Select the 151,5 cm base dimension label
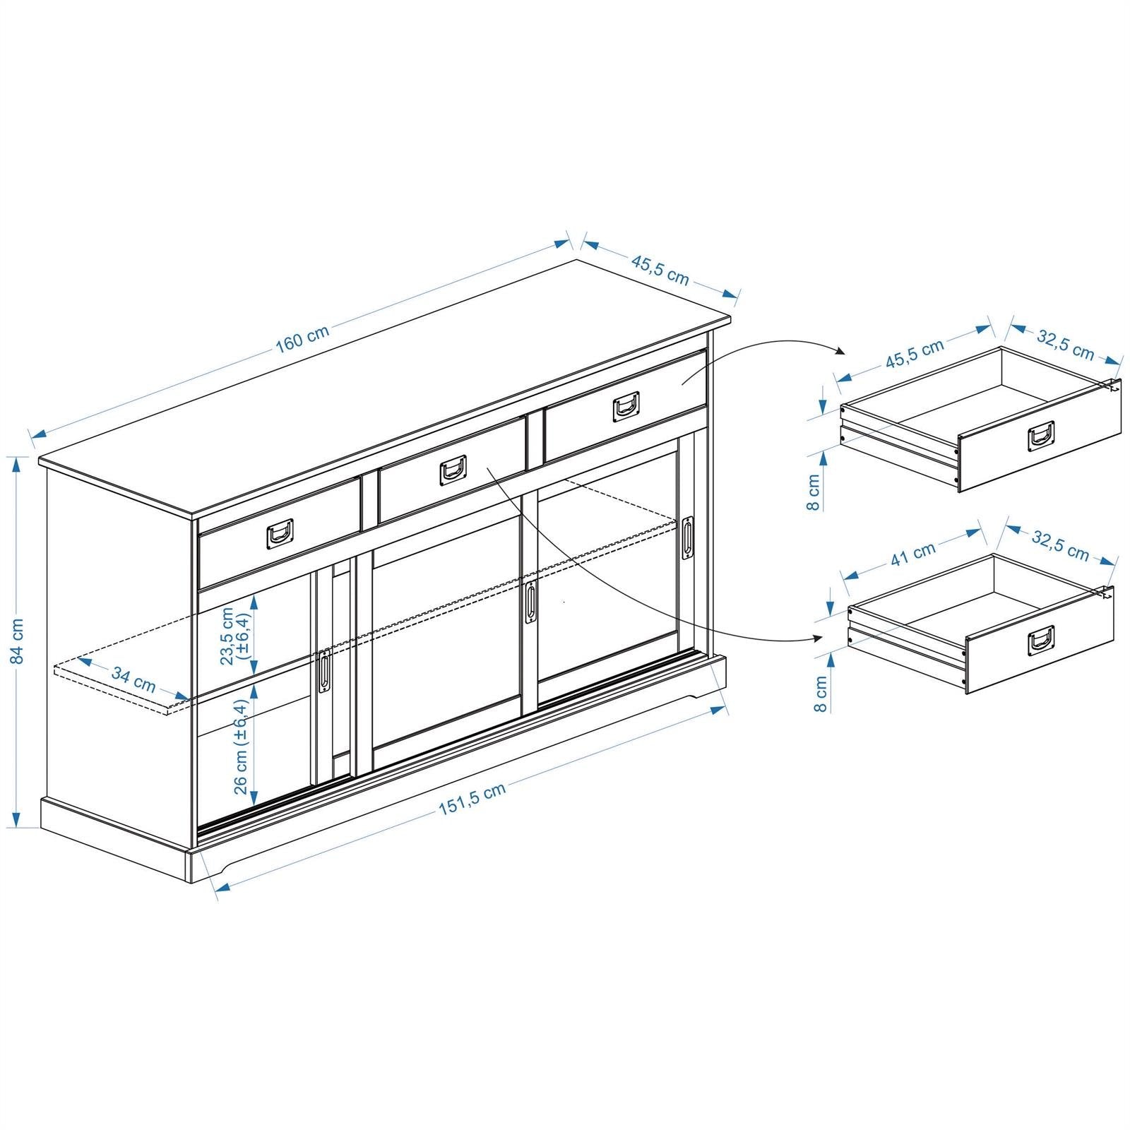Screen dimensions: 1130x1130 tap(472, 799)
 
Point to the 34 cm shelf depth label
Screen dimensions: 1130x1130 tap(133, 680)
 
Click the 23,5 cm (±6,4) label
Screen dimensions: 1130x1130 tap(234, 636)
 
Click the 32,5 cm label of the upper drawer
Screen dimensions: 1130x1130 tap(1065, 345)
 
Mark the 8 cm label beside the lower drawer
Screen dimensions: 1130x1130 tap(820, 694)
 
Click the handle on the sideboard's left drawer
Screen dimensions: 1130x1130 tap(280, 533)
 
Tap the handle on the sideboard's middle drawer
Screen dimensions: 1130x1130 tap(453, 469)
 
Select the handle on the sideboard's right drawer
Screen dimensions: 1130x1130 tap(626, 406)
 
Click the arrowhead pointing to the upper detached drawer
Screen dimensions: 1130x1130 tap(840, 352)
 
